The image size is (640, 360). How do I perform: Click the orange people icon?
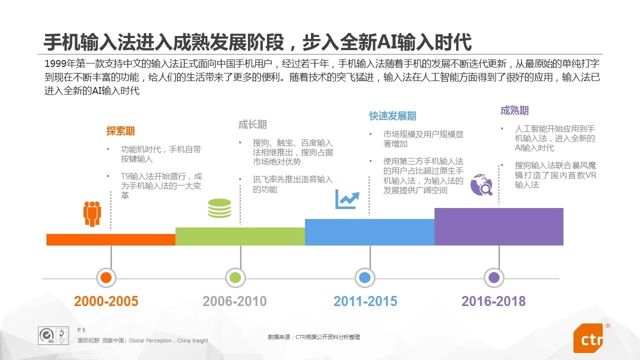[x=92, y=214]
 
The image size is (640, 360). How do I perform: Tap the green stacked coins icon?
[x=219, y=208]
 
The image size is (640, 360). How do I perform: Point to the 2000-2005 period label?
[x=106, y=301]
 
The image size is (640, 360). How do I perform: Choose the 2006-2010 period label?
[x=234, y=301]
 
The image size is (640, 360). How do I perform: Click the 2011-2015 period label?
[x=365, y=301]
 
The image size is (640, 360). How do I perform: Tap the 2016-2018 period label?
[x=493, y=301]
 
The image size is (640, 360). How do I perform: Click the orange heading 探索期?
[x=120, y=131]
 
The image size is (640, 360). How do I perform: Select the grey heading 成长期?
[x=252, y=124]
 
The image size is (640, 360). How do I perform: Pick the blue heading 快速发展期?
[x=392, y=116]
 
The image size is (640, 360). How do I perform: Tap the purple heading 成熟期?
[x=514, y=110]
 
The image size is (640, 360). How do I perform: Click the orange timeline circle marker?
[x=105, y=277]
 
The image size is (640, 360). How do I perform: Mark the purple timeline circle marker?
[x=494, y=277]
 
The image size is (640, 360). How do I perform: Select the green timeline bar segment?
[x=240, y=236]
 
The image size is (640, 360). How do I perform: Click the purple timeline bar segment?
[x=498, y=226]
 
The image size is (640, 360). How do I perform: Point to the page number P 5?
[x=82, y=330]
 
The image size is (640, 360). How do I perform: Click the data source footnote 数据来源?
[x=313, y=337]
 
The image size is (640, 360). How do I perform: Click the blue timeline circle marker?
[x=364, y=277]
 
